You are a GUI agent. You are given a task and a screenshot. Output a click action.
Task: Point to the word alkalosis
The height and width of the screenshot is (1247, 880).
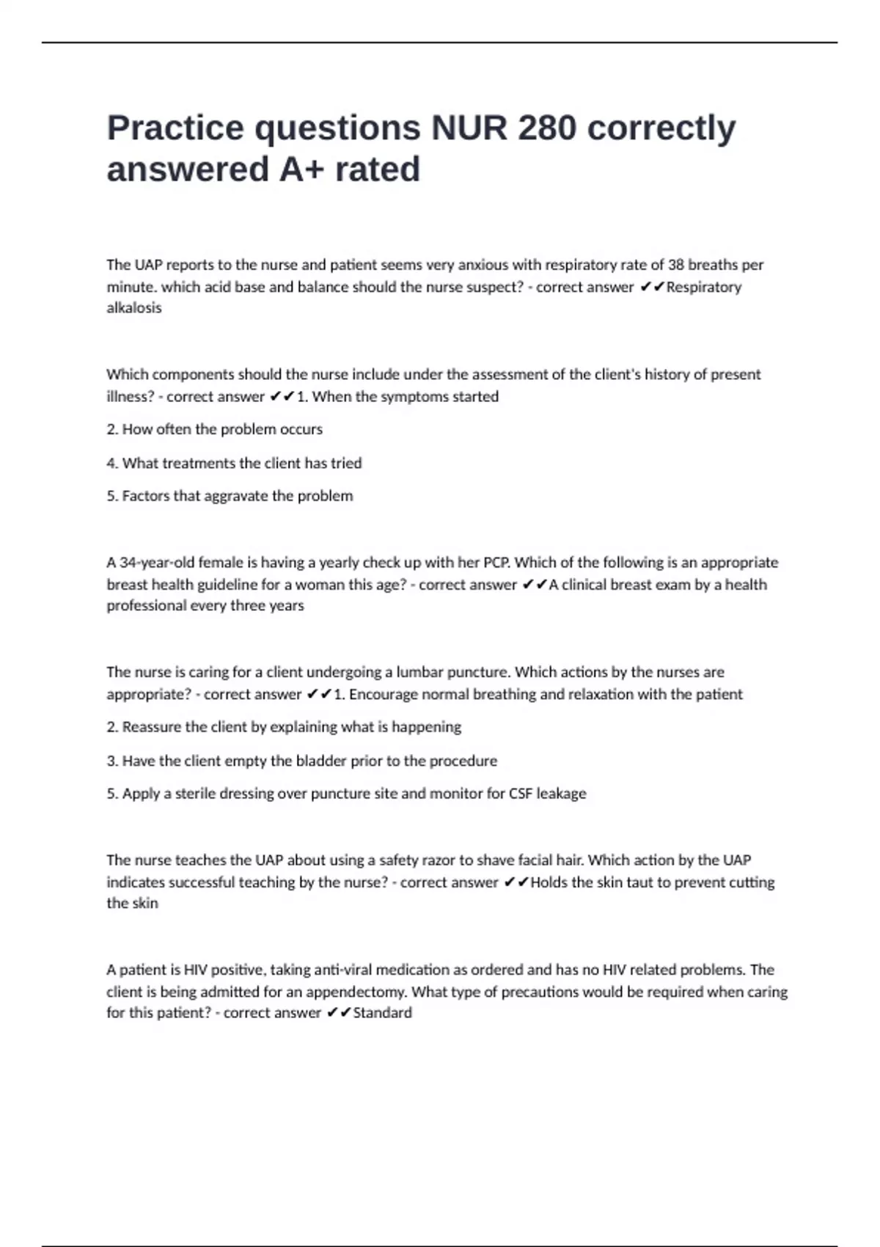click(x=134, y=308)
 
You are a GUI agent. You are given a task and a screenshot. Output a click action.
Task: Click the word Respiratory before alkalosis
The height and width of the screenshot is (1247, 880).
click(x=703, y=287)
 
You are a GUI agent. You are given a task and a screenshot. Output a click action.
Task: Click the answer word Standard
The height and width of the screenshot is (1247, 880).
click(x=382, y=1013)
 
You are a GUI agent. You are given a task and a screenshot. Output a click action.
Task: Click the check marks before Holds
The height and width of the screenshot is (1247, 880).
click(x=516, y=882)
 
